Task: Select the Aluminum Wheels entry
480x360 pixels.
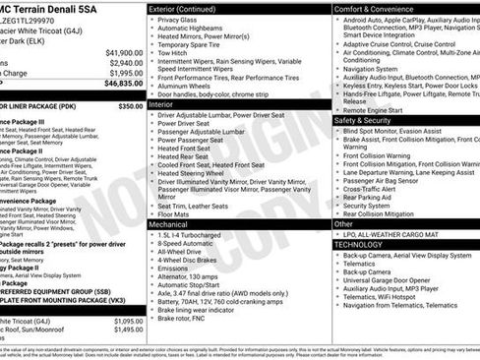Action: pos(189,87)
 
